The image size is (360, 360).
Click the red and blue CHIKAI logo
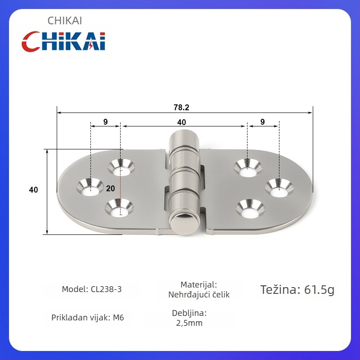(x=63, y=41)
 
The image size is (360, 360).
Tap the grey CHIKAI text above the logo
(x=64, y=21)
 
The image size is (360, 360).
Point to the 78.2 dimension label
(x=181, y=108)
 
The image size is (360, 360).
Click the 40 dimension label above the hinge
(x=181, y=122)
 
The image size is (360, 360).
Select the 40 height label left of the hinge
(x=33, y=189)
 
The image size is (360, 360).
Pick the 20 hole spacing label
(x=110, y=188)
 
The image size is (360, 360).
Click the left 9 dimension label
(x=105, y=121)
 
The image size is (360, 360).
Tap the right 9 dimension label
(x=262, y=121)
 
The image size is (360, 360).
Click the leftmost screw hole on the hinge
(x=90, y=187)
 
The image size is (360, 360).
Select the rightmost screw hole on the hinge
(x=279, y=188)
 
